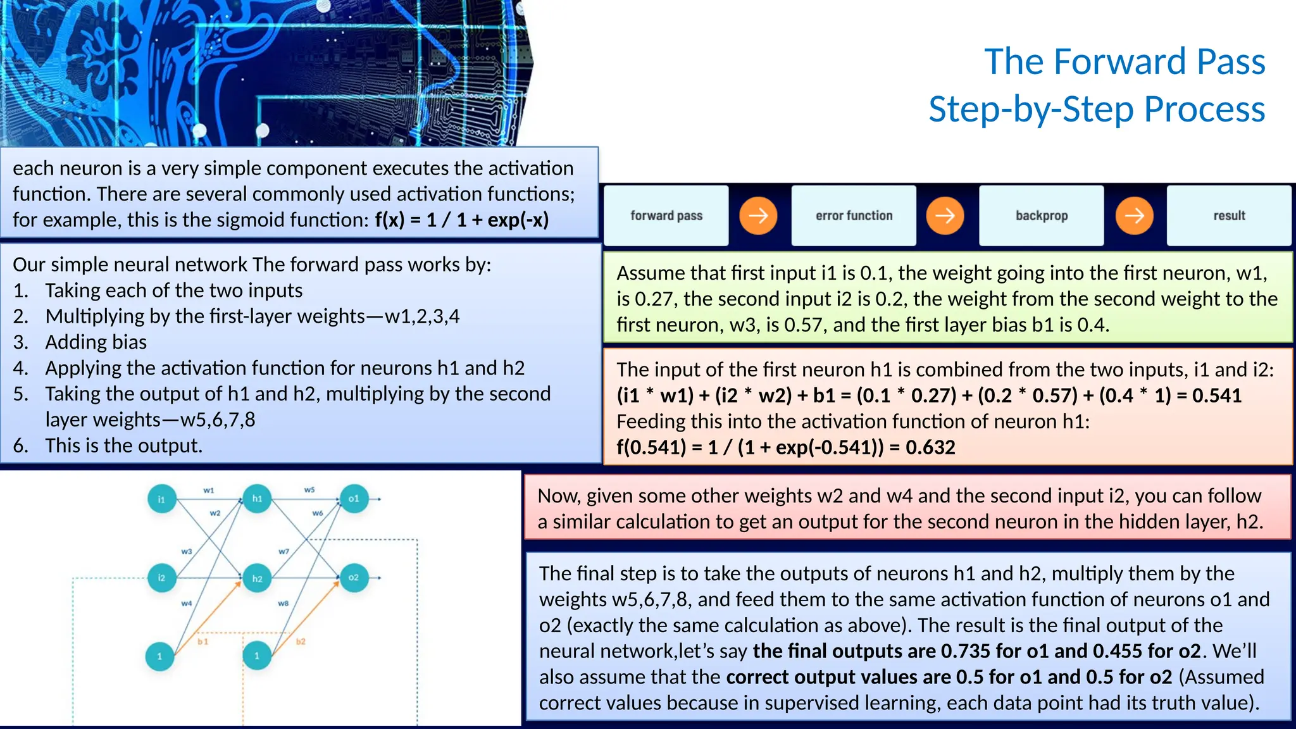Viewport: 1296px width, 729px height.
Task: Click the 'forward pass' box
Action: (x=666, y=216)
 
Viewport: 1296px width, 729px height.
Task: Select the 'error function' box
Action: (x=854, y=216)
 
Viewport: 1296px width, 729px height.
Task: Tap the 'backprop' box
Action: (x=1042, y=216)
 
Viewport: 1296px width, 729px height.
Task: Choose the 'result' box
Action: (x=1229, y=216)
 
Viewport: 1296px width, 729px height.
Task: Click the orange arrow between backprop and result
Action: (x=1134, y=216)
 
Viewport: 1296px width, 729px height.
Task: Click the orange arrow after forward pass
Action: (x=758, y=216)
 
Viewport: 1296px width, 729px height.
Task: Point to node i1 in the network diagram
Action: (x=161, y=499)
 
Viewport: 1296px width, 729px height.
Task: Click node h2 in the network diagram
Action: (x=257, y=578)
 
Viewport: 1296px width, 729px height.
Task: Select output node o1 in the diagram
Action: (x=354, y=499)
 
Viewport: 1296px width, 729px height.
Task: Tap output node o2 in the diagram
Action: (x=354, y=577)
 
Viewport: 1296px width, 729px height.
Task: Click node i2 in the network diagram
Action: (x=161, y=578)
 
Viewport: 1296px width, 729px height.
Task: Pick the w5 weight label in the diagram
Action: (x=309, y=490)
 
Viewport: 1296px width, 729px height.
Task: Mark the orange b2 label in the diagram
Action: (x=301, y=642)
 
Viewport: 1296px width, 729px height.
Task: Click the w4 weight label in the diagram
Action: (x=187, y=604)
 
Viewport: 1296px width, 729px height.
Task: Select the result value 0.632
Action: (x=930, y=447)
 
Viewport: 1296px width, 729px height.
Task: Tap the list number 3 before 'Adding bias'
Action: (x=20, y=342)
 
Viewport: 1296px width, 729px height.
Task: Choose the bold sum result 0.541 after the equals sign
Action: (x=1216, y=396)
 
